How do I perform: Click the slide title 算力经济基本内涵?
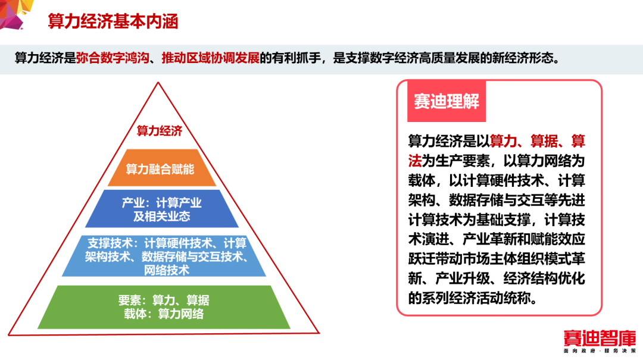click(x=113, y=21)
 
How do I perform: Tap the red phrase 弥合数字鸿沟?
click(x=113, y=58)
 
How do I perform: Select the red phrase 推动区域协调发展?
click(x=210, y=58)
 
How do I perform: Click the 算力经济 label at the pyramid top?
click(x=159, y=131)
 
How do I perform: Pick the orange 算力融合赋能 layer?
click(x=161, y=168)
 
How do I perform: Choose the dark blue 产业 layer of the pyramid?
click(x=161, y=209)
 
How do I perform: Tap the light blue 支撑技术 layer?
click(x=164, y=256)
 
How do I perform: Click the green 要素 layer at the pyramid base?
click(x=164, y=307)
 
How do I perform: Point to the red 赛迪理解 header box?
click(x=447, y=101)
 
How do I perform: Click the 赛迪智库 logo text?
click(x=600, y=338)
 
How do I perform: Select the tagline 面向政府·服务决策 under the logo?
click(x=600, y=351)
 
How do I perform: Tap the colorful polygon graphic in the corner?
click(x=15, y=14)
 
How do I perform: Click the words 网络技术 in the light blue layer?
click(x=167, y=270)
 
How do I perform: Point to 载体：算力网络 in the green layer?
click(x=164, y=314)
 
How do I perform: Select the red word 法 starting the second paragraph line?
click(x=414, y=161)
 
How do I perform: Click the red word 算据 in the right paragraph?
click(x=544, y=141)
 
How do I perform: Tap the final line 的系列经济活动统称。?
click(x=473, y=298)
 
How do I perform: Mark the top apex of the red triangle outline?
click(x=158, y=83)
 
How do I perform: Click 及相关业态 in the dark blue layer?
click(x=161, y=216)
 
